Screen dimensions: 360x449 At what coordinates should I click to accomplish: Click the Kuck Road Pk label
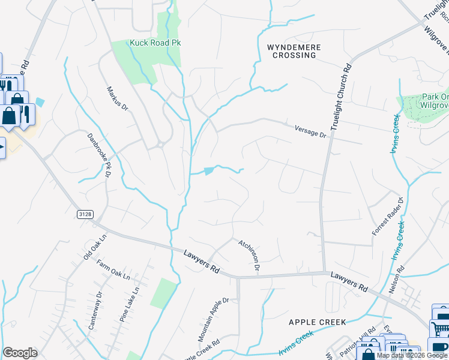(155, 43)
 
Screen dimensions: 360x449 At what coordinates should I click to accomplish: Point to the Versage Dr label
(310, 131)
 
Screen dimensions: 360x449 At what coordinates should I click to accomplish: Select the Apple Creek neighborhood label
(317, 322)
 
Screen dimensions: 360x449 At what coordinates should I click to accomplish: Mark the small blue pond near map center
(209, 171)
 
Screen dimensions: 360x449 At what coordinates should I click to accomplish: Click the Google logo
(20, 353)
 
